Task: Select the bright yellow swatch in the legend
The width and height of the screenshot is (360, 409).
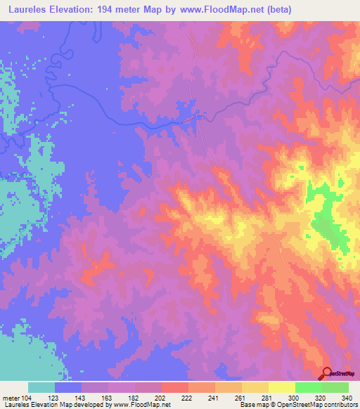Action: pyautogui.click(x=281, y=387)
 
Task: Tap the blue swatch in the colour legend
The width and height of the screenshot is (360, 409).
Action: pyautogui.click(x=68, y=387)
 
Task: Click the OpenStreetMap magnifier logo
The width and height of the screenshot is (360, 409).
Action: pyautogui.click(x=328, y=373)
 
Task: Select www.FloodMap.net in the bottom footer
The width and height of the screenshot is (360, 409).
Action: pyautogui.click(x=139, y=405)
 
